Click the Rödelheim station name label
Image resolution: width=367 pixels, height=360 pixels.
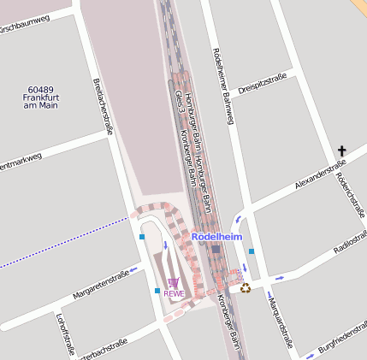tap(217, 236)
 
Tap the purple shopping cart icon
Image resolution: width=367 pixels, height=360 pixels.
tap(174, 283)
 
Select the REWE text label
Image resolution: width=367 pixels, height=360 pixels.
tap(174, 294)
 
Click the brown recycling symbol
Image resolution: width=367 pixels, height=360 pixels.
tap(246, 288)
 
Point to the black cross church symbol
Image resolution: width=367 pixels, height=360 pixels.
tap(342, 151)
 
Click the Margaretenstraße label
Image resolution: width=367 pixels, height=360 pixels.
tap(101, 286)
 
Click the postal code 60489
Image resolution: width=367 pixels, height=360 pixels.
tap(40, 89)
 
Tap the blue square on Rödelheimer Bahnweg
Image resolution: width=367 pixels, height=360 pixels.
tap(252, 251)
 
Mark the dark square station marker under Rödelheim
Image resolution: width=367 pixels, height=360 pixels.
tap(216, 248)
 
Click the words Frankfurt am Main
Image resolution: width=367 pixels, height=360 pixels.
tap(40, 102)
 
